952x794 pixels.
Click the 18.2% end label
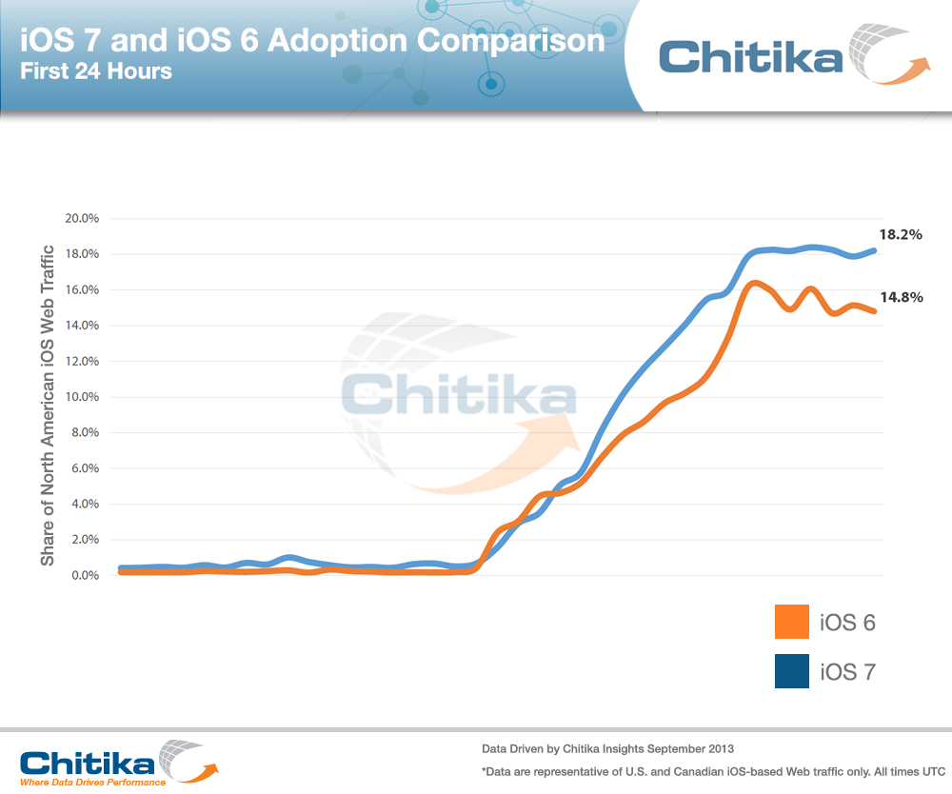[x=901, y=234]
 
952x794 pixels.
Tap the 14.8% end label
[x=901, y=297]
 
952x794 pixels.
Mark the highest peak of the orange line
[x=754, y=283]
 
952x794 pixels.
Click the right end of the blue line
[x=873, y=250]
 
